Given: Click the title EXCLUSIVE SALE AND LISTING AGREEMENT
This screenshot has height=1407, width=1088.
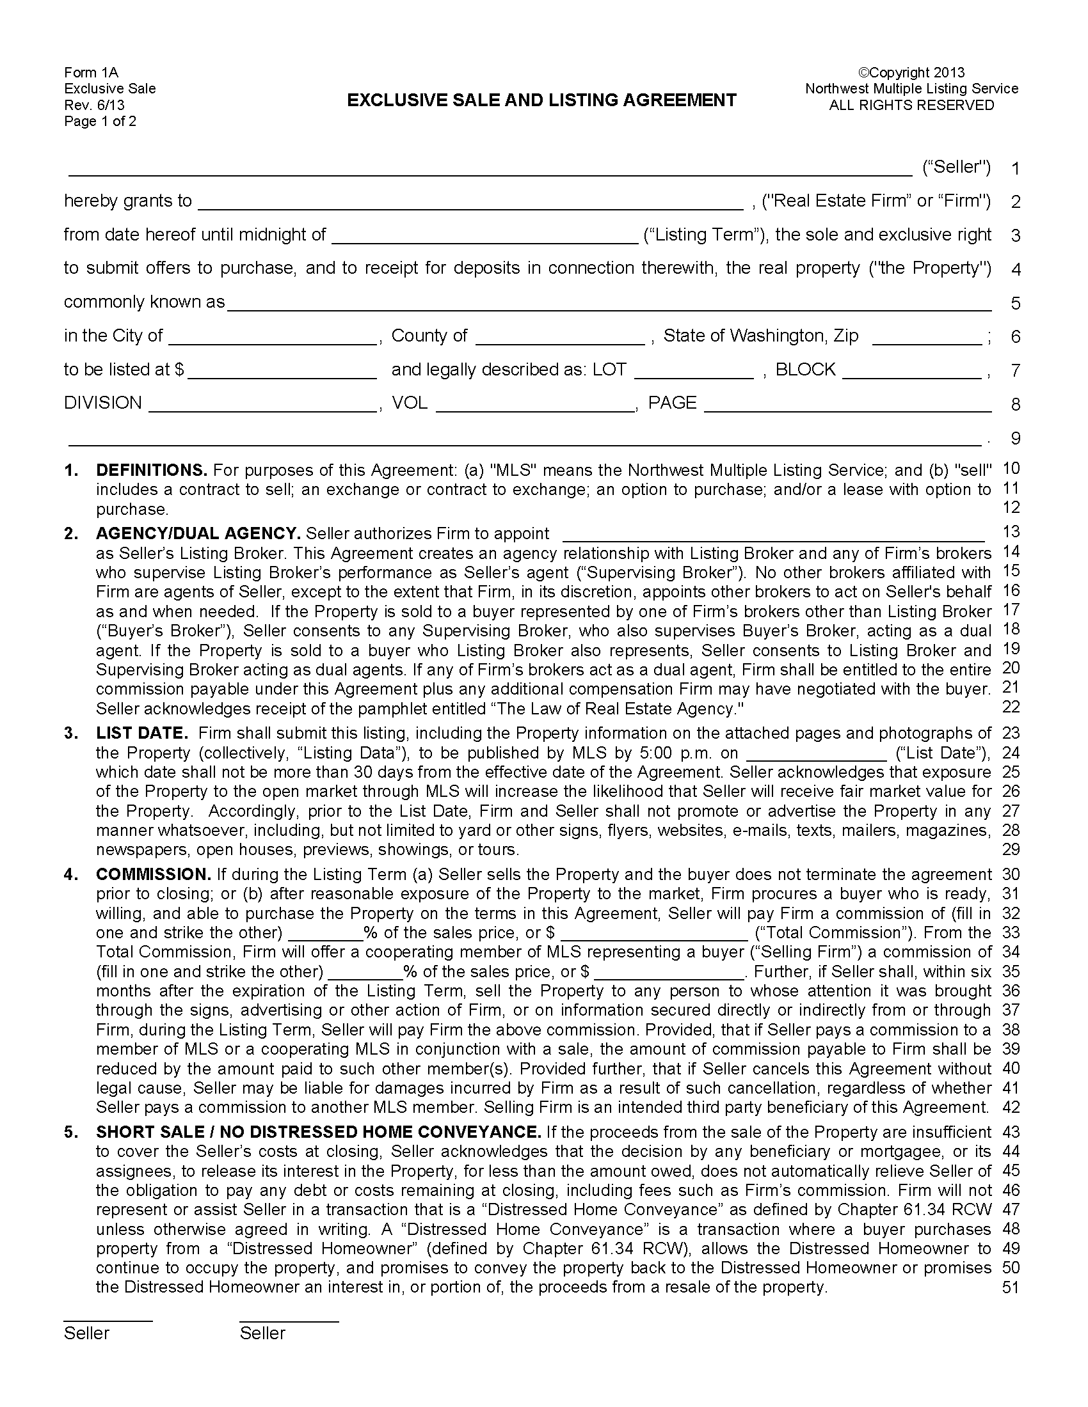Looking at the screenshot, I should [x=541, y=100].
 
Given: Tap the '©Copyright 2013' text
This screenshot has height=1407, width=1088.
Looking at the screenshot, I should [x=911, y=72].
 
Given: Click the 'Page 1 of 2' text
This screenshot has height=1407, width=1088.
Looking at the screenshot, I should [x=100, y=122].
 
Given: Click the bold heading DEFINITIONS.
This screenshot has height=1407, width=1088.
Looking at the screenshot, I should [x=152, y=469].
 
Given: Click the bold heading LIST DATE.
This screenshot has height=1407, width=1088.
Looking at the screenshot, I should [x=142, y=733].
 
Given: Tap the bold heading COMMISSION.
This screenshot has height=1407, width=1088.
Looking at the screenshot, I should [x=154, y=874].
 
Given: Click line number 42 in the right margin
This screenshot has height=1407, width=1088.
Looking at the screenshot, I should [x=1011, y=1107].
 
